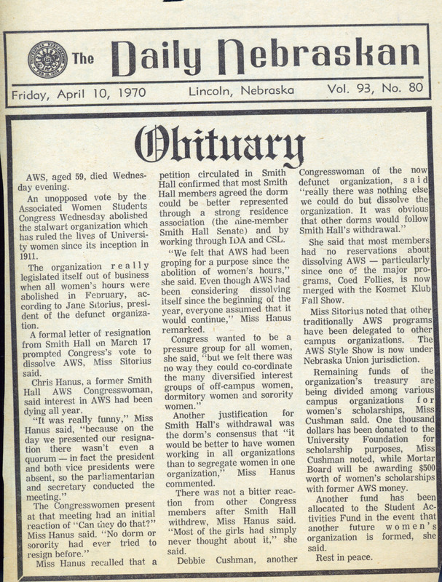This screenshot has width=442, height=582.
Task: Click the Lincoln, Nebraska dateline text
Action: [x=241, y=92]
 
